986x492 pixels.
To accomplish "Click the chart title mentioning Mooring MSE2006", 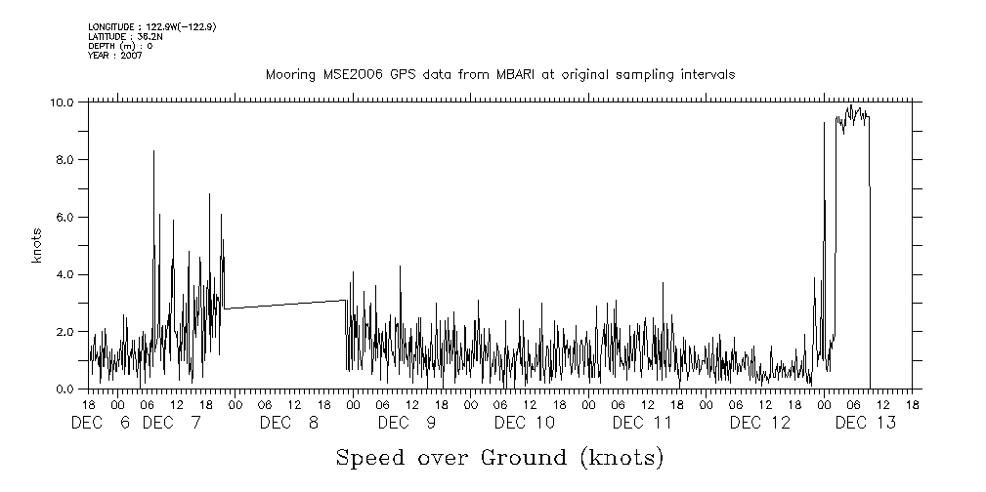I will (x=499, y=74).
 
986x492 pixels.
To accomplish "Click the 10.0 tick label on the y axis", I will (x=63, y=102).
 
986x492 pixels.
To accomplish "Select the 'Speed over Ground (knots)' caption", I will (x=499, y=457).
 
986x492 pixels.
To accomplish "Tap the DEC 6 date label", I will (x=102, y=423).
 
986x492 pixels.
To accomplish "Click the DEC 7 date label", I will (x=172, y=423).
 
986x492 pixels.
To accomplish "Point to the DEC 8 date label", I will (x=289, y=423).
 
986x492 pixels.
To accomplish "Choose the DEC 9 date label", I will (x=407, y=423).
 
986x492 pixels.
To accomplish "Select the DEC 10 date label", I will (x=524, y=423).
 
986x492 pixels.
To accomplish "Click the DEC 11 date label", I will (x=642, y=423).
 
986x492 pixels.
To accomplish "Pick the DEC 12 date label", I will (x=759, y=423).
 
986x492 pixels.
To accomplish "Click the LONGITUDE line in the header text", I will (x=151, y=27).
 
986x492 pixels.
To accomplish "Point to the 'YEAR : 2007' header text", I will (x=115, y=56).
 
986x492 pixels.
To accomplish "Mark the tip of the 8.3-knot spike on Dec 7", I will (x=153, y=150).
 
